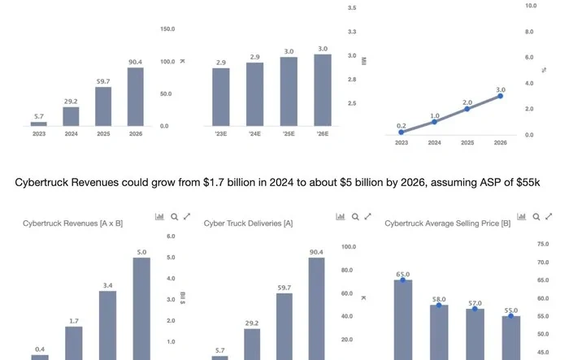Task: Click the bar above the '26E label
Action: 323,89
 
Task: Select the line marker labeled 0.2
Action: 402,132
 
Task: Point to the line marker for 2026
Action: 501,96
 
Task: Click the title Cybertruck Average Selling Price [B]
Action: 442,223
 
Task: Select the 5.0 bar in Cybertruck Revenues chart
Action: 141,309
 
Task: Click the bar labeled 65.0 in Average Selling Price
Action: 402,319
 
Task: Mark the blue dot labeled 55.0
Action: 511,316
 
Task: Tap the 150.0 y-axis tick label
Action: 167,29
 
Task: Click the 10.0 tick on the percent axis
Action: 530,6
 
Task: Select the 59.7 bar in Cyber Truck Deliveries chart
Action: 284,326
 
